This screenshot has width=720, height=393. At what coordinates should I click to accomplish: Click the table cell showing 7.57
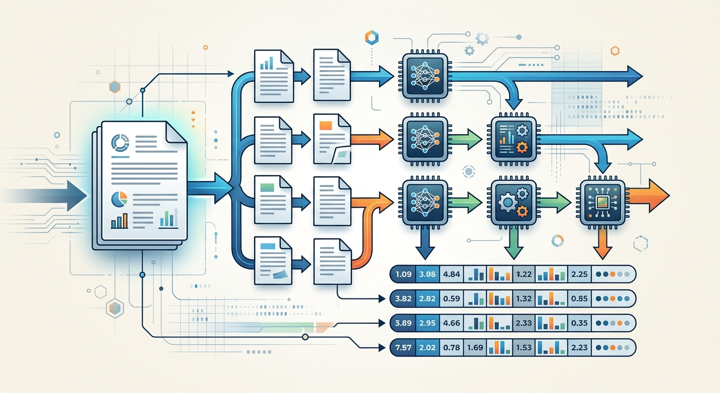[x=403, y=347]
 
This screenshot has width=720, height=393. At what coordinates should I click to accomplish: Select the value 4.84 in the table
[x=452, y=274]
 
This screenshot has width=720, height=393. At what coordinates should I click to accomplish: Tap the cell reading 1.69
[x=475, y=347]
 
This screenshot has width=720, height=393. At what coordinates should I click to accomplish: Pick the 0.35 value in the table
[x=579, y=323]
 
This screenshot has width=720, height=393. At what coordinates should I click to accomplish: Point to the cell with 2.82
[x=427, y=298]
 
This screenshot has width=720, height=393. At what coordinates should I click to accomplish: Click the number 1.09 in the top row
[x=403, y=274]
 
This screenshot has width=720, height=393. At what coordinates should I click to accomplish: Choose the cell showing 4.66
[x=452, y=323]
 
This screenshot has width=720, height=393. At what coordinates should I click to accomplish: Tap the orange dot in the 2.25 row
[x=613, y=274]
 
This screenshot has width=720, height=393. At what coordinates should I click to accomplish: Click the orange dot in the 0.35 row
[x=620, y=323]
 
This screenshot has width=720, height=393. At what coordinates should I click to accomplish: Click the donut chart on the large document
[x=120, y=142]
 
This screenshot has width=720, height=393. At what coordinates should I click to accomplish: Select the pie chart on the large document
[x=119, y=200]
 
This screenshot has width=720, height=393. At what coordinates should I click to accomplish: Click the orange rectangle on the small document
[x=326, y=125]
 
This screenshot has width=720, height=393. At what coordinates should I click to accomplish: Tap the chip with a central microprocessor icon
[x=602, y=202]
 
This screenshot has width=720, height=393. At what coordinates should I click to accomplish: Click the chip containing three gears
[x=513, y=202]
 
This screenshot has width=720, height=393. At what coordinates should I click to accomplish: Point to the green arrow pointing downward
[x=513, y=243]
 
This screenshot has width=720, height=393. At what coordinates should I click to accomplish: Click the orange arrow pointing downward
[x=602, y=243]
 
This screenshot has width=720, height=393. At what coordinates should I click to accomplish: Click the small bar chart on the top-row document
[x=267, y=63]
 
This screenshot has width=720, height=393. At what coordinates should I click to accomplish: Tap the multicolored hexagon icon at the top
[x=372, y=38]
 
